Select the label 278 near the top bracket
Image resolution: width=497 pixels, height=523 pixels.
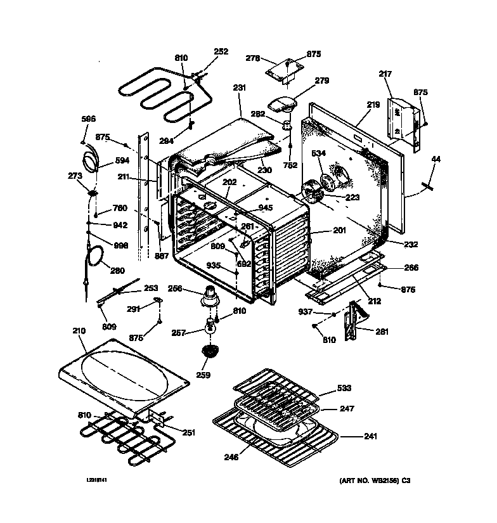coord(252,58)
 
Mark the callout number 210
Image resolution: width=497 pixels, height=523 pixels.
coord(78,331)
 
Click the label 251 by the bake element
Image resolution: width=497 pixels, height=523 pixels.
coord(189,432)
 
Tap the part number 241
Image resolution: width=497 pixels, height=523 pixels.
coord(370,436)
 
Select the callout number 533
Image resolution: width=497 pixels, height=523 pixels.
coord(344,388)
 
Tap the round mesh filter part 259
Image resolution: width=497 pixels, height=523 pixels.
coord(209,350)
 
